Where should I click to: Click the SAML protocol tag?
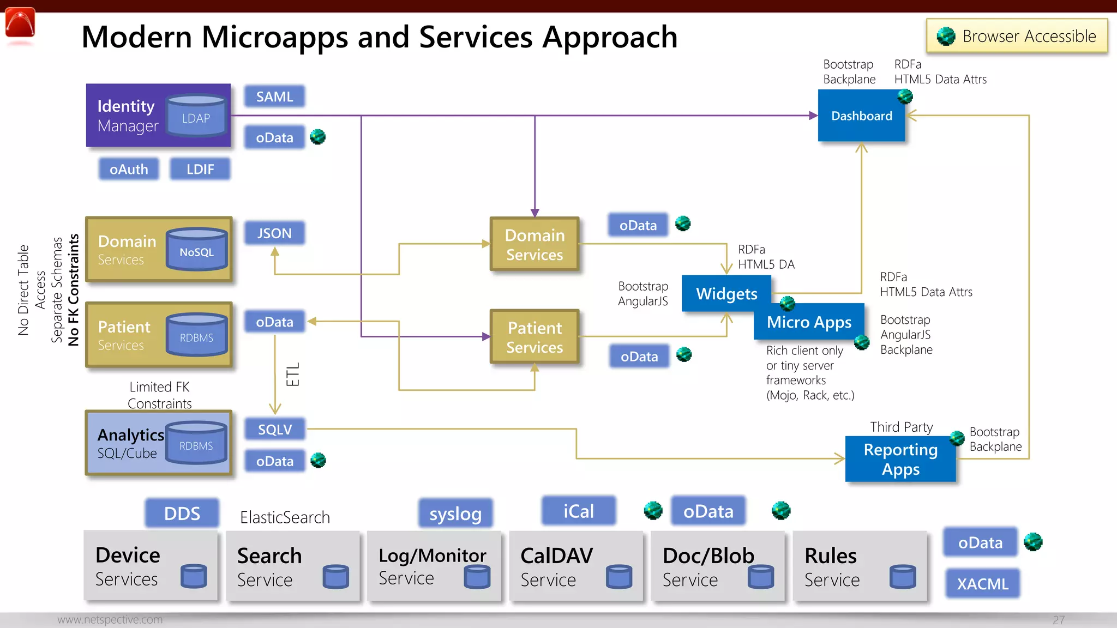pyautogui.click(x=274, y=96)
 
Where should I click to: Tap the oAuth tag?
pyautogui.click(x=129, y=169)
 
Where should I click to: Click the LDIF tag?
pyautogui.click(x=200, y=169)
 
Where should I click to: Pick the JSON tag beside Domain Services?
pyautogui.click(x=274, y=233)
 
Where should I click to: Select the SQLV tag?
pyautogui.click(x=274, y=430)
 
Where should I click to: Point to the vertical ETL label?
pyautogui.click(x=293, y=375)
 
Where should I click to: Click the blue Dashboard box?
pyautogui.click(x=861, y=116)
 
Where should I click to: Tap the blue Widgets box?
pyautogui.click(x=726, y=293)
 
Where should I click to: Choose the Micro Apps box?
pyautogui.click(x=809, y=322)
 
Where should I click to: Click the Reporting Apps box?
pyautogui.click(x=900, y=459)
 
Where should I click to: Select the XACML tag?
pyautogui.click(x=982, y=584)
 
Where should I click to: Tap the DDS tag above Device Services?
pyautogui.click(x=182, y=514)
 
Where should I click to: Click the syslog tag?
pyautogui.click(x=455, y=514)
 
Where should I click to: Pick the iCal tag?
pyautogui.click(x=579, y=511)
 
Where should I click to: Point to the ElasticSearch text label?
pyautogui.click(x=285, y=517)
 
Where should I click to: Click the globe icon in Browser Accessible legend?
pyautogui.click(x=946, y=37)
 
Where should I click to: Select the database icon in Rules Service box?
pyautogui.click(x=903, y=576)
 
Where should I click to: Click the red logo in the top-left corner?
pyautogui.click(x=20, y=24)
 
